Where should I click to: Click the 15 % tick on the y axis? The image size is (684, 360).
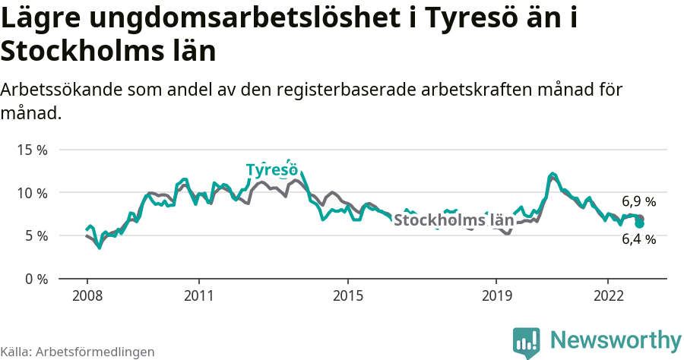(33, 150)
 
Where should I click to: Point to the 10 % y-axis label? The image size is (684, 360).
(33, 193)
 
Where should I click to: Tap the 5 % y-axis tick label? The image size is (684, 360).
(36, 236)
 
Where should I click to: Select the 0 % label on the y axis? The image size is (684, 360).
(36, 279)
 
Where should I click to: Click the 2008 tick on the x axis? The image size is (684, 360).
(87, 295)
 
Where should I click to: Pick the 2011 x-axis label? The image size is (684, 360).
(198, 295)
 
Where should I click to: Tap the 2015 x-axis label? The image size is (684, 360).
(347, 295)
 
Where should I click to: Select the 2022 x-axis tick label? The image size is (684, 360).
(608, 295)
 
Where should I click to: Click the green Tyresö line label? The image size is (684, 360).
(271, 169)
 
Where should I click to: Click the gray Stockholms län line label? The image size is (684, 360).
(454, 220)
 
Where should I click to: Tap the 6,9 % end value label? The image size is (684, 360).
(638, 202)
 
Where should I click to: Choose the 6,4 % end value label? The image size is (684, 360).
(638, 239)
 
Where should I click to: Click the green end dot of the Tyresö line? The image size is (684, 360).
(640, 224)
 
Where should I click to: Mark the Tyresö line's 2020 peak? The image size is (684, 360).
(553, 175)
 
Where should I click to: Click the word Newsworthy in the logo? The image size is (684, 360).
(616, 339)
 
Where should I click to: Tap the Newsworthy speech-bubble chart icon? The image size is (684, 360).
(527, 342)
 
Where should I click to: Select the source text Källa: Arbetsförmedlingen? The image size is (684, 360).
(78, 352)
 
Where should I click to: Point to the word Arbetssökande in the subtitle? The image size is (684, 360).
(61, 89)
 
